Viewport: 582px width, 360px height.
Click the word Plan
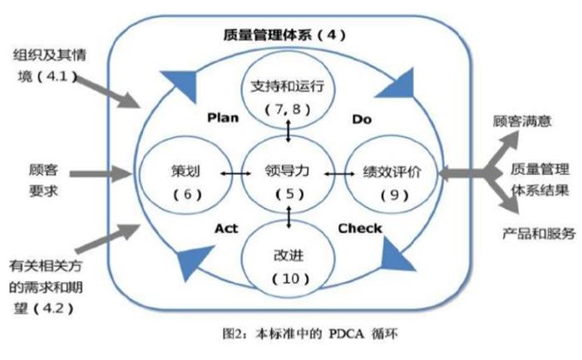[x=222, y=117]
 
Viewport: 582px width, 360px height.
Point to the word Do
[x=362, y=120]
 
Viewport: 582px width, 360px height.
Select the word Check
[x=360, y=228]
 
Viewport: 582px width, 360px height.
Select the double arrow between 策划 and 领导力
[x=236, y=174]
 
